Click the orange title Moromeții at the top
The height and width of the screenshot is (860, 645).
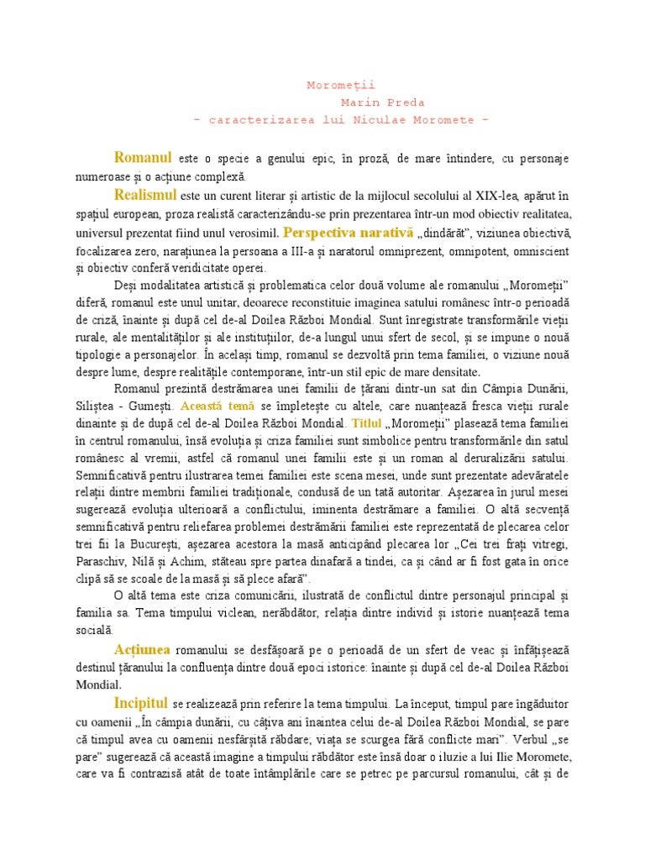(341, 86)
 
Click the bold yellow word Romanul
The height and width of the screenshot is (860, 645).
(144, 157)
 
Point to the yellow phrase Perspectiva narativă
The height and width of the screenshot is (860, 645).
(349, 232)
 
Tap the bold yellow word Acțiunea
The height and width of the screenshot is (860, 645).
(143, 649)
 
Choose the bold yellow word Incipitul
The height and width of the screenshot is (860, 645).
(142, 701)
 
